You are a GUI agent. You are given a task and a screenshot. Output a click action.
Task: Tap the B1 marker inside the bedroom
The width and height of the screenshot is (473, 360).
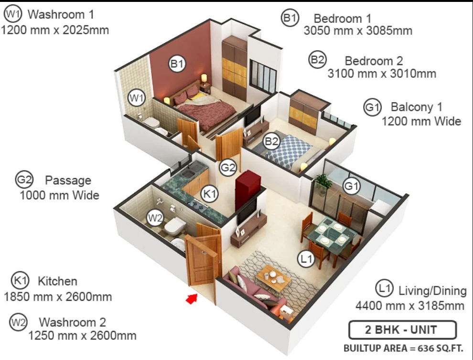pyautogui.click(x=177, y=64)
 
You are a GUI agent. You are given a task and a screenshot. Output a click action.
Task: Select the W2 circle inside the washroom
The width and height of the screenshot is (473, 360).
pyautogui.click(x=155, y=217)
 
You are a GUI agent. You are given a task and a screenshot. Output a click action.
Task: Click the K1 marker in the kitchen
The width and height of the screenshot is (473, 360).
pyautogui.click(x=209, y=193)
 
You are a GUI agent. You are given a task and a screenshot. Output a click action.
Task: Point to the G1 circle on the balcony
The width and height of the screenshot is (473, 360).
pyautogui.click(x=352, y=186)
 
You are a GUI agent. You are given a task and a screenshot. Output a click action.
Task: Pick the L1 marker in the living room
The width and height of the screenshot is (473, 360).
pyautogui.click(x=306, y=258)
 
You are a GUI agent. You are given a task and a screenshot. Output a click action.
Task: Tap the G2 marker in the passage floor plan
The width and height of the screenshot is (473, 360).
pyautogui.click(x=228, y=167)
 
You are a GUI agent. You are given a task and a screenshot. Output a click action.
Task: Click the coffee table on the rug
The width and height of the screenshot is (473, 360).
pyautogui.click(x=274, y=278)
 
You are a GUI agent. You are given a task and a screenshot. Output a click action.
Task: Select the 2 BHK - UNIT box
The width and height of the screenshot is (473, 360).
pyautogui.click(x=402, y=330)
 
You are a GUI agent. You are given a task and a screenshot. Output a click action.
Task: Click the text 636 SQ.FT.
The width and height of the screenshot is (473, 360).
pyautogui.click(x=440, y=348)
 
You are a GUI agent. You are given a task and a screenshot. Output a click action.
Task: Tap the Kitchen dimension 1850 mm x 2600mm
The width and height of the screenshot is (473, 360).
pyautogui.click(x=58, y=297)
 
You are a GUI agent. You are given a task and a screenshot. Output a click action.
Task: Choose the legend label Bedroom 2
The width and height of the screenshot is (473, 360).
pyautogui.click(x=374, y=61)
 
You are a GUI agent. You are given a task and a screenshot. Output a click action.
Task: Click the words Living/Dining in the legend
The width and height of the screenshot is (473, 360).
pyautogui.click(x=432, y=291)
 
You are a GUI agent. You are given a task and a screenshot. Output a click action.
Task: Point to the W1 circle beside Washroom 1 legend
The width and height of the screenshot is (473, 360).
pyautogui.click(x=13, y=14)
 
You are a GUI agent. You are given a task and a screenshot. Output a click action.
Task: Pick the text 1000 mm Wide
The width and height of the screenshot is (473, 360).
pyautogui.click(x=59, y=195)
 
